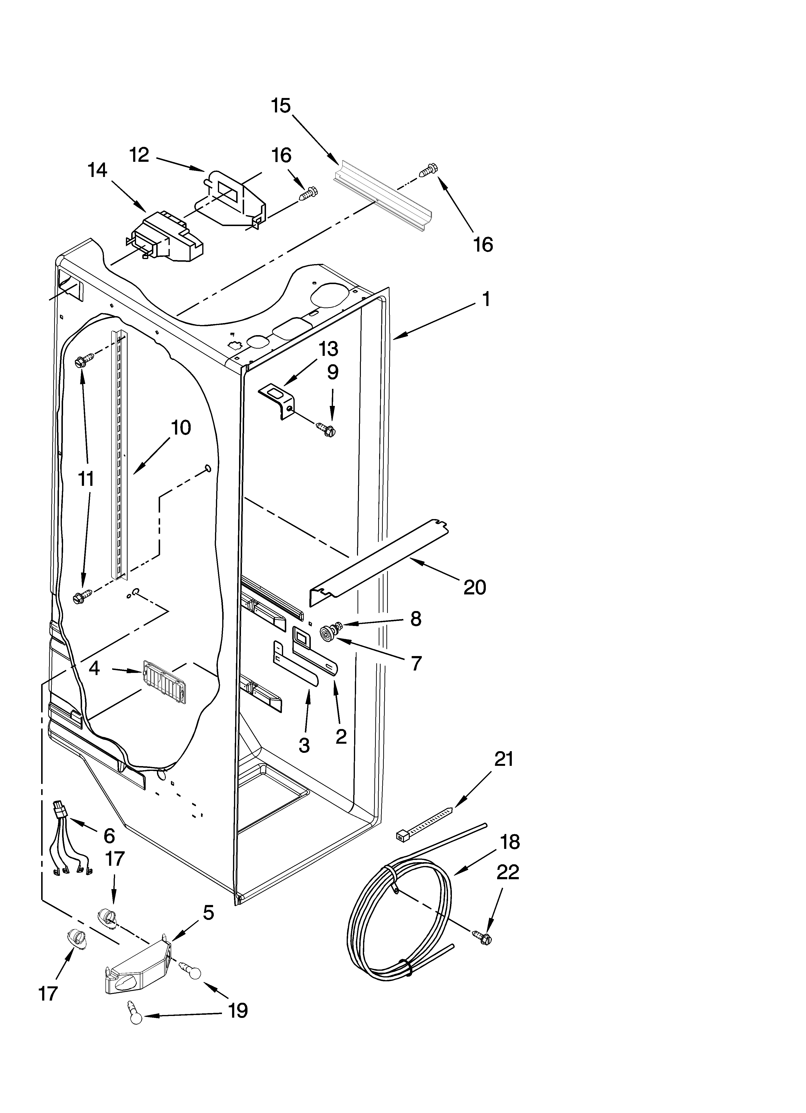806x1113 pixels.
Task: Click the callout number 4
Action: pos(94,668)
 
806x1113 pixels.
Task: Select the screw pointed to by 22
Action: pos(482,937)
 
